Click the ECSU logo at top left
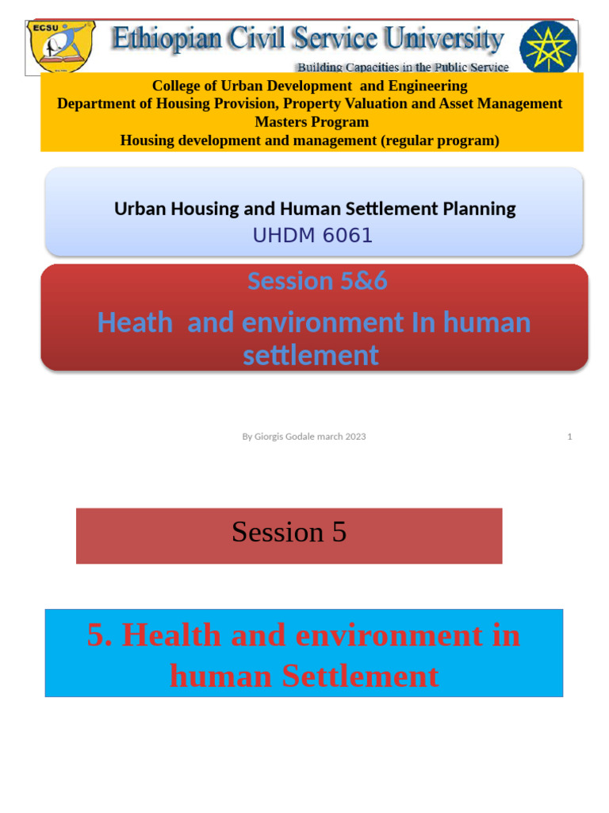(x=60, y=47)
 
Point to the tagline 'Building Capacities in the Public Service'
(x=403, y=67)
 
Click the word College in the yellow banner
(x=175, y=86)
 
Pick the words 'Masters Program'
(x=312, y=122)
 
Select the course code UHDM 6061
(x=312, y=236)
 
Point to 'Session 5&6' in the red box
(x=316, y=281)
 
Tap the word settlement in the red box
(x=311, y=356)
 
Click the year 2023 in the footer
(x=355, y=437)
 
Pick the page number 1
(x=569, y=437)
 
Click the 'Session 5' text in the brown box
(x=289, y=533)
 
